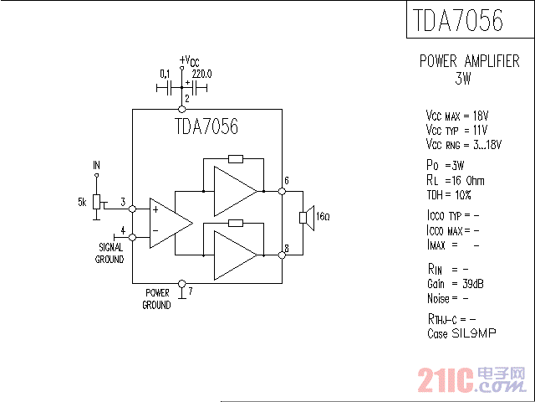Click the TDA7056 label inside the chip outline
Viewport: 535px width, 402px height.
pyautogui.click(x=206, y=127)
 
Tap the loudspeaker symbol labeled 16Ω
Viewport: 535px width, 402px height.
pyautogui.click(x=305, y=218)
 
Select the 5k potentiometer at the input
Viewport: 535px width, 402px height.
pyautogui.click(x=96, y=203)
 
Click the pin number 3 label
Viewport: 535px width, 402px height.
pyautogui.click(x=123, y=202)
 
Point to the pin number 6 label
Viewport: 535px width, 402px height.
pyautogui.click(x=286, y=182)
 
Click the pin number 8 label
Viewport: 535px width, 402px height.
pyautogui.click(x=286, y=248)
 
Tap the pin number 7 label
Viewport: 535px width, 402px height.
pyautogui.click(x=191, y=291)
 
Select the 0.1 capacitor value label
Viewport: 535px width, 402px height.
pyautogui.click(x=166, y=74)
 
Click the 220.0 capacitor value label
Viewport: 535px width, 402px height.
pyautogui.click(x=202, y=74)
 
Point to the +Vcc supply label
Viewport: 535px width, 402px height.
pyautogui.click(x=189, y=60)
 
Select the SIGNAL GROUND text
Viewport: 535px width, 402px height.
pyautogui.click(x=110, y=253)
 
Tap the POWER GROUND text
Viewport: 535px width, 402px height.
pyautogui.click(x=157, y=299)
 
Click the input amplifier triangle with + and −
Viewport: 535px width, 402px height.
pyautogui.click(x=167, y=222)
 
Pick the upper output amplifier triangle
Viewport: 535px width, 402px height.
pyautogui.click(x=234, y=191)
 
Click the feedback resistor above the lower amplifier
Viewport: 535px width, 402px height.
pyautogui.click(x=236, y=223)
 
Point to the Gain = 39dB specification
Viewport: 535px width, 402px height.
pyautogui.click(x=455, y=283)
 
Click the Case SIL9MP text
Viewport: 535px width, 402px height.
pyautogui.click(x=461, y=333)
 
